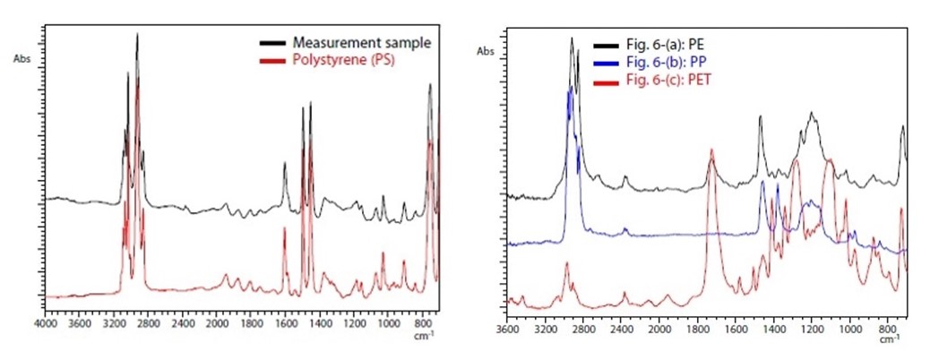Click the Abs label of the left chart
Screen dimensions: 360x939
coord(22,59)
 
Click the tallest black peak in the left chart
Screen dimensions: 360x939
coord(137,34)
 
